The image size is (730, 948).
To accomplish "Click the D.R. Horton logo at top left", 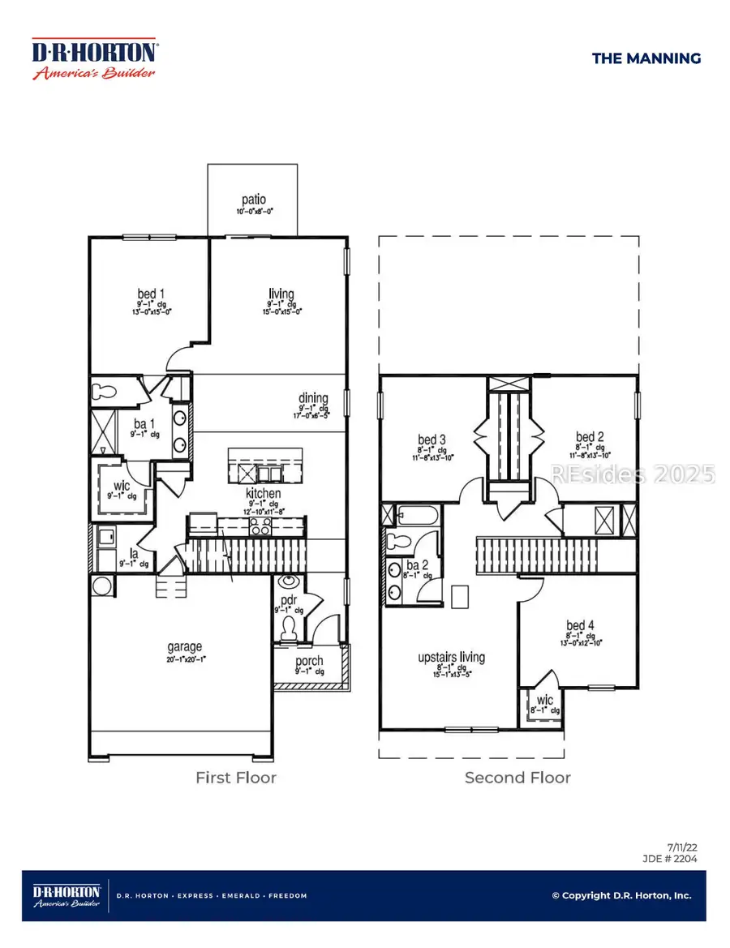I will [x=94, y=59].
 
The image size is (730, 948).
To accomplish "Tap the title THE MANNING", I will [x=646, y=58].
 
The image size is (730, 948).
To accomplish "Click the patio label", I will [x=253, y=199].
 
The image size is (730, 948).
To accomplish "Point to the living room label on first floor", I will [x=281, y=294].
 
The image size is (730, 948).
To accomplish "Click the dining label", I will [x=313, y=398].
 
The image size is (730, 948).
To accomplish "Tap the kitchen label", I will [x=264, y=493].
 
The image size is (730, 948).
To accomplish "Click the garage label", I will [x=185, y=647].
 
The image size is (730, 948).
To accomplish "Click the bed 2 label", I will [x=589, y=436].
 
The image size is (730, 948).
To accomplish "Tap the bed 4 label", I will [x=581, y=625].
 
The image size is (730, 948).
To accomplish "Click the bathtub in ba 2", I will [x=417, y=516].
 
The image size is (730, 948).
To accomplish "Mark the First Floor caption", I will [x=235, y=778].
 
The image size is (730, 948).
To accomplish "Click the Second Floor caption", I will [x=517, y=778].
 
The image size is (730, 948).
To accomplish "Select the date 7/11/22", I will [x=683, y=846].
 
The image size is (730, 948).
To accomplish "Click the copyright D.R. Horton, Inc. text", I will [x=621, y=895].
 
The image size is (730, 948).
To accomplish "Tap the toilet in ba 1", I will [x=105, y=390].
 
